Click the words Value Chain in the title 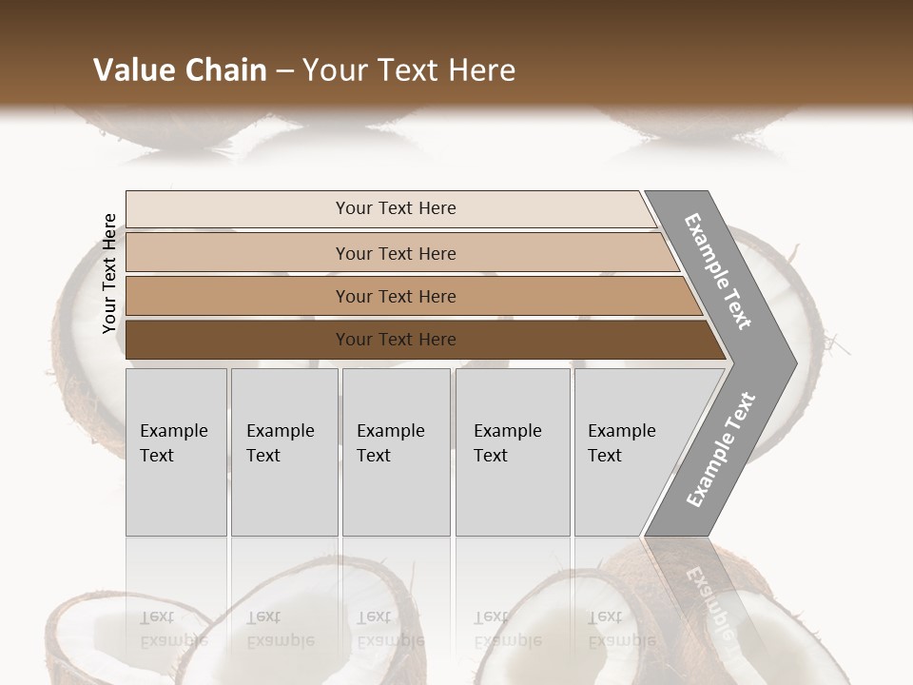pos(180,70)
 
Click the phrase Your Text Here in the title pos(409,70)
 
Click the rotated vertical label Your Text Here pos(109,274)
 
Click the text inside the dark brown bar pos(396,340)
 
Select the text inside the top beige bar pos(396,208)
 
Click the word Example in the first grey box pos(173,431)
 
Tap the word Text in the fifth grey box pos(605,456)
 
